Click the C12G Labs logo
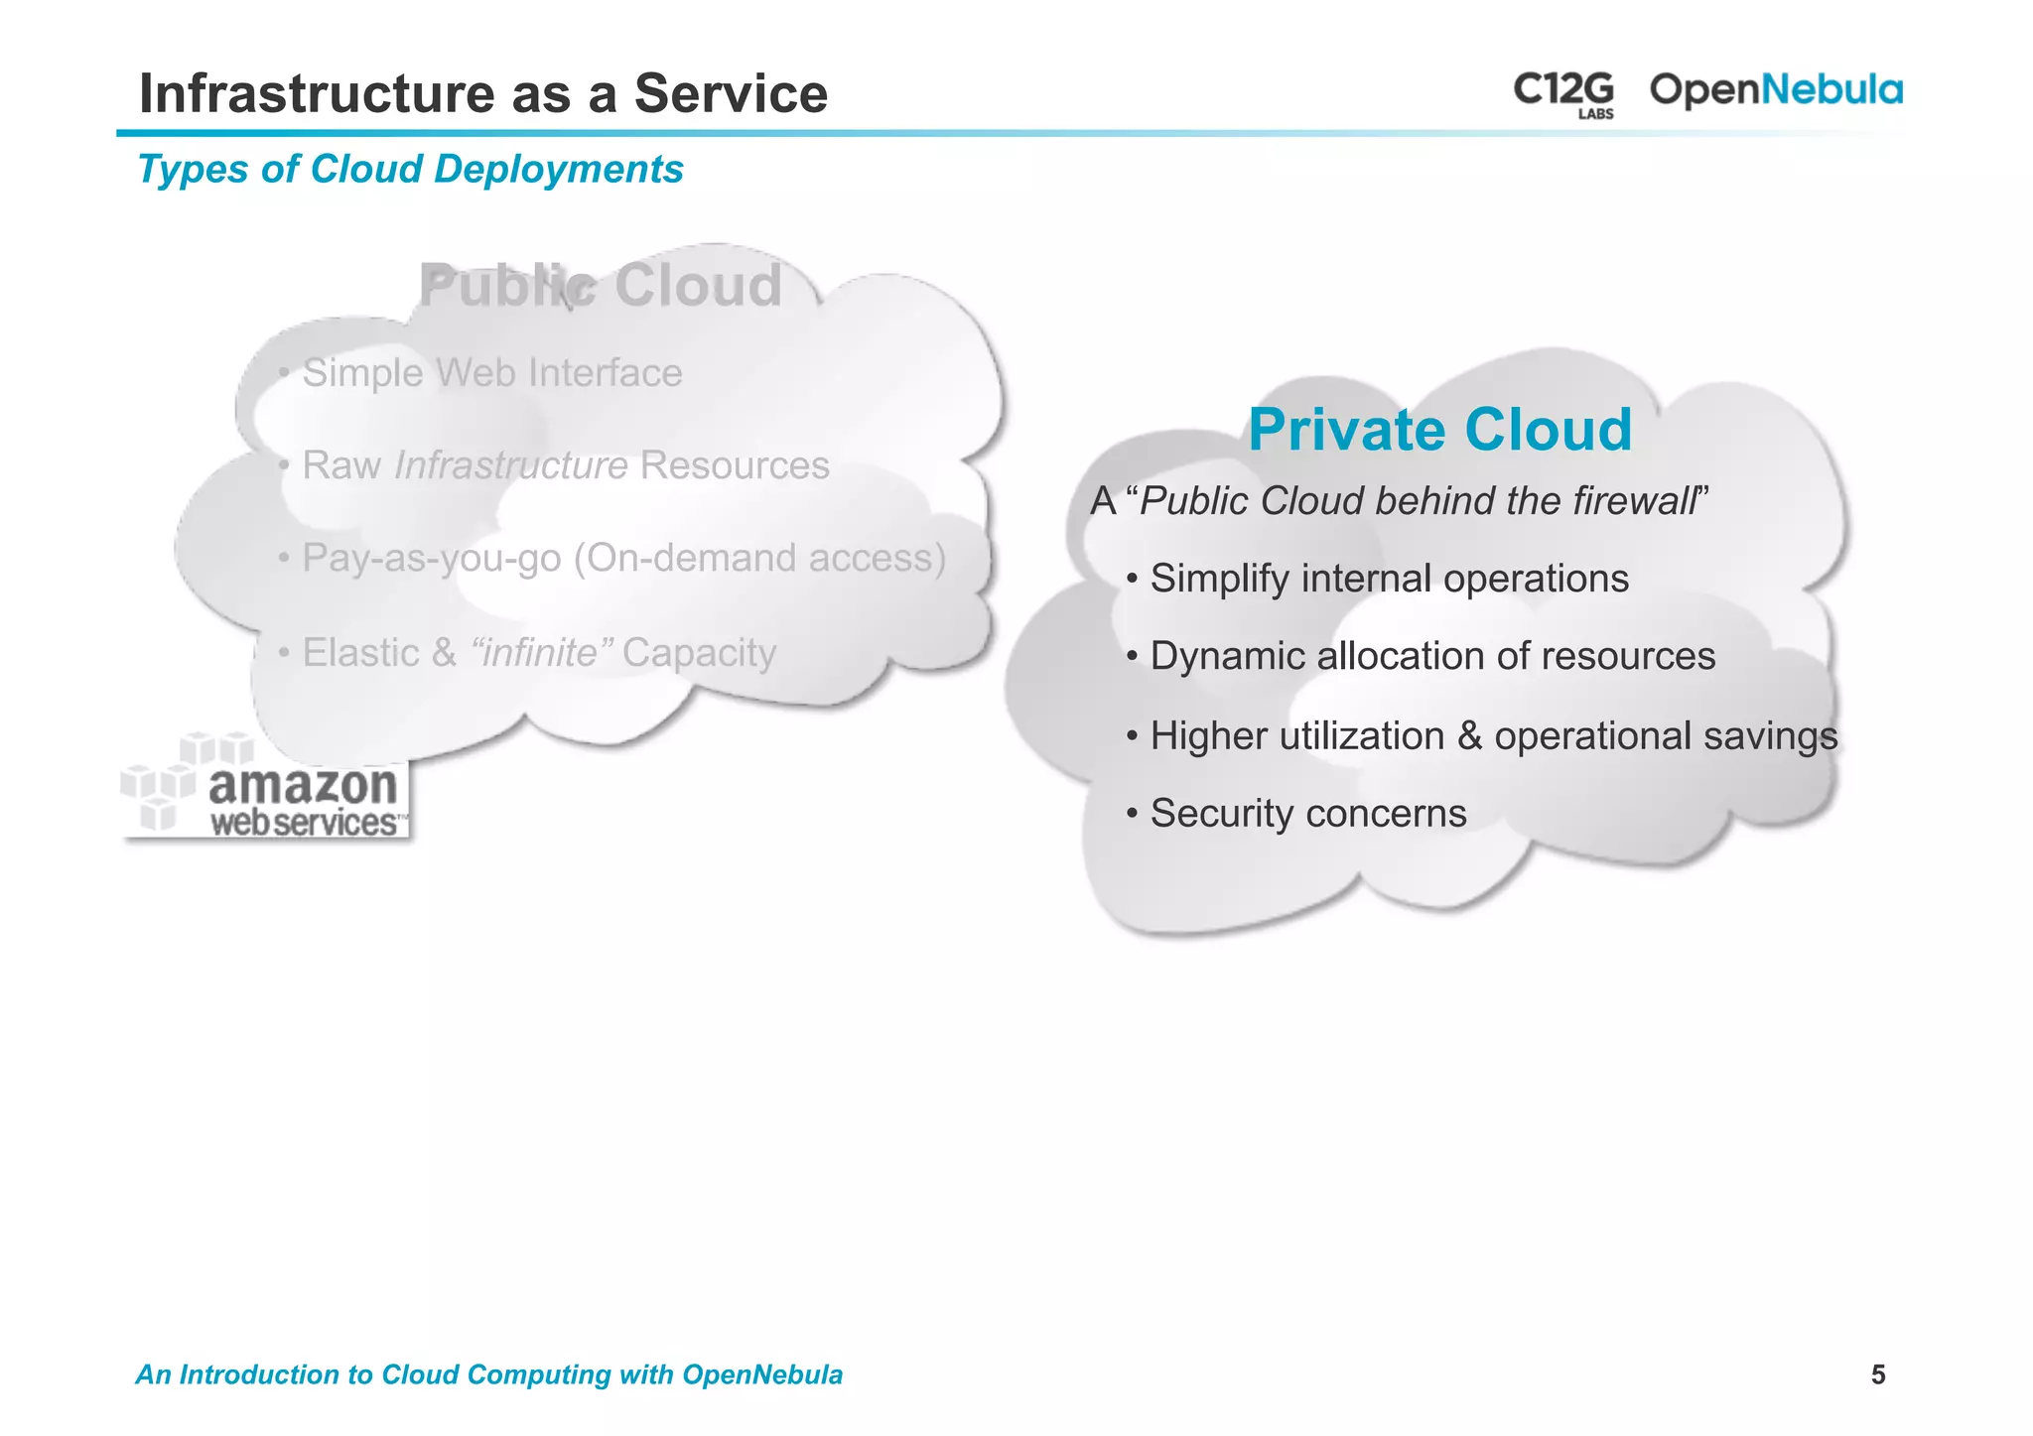tap(1563, 93)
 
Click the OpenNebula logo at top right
tap(1775, 90)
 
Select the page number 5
tap(1877, 1374)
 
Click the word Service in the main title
tap(731, 94)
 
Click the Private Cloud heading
tap(1439, 430)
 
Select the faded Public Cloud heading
tap(601, 286)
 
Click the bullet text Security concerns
tap(1307, 814)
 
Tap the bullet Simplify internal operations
tap(1389, 579)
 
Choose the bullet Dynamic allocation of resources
tap(1431, 657)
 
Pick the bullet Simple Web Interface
tap(491, 373)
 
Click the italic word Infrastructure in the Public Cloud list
tap(510, 465)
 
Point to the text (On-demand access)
tap(759, 558)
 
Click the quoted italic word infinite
tap(536, 653)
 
